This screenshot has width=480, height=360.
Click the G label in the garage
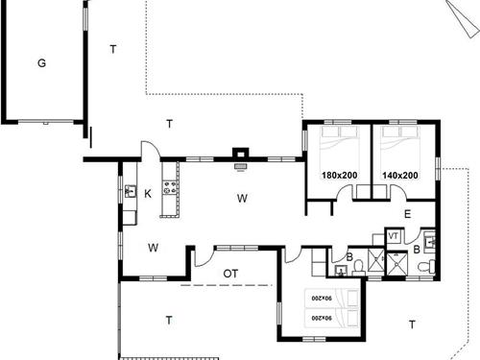pyautogui.click(x=41, y=63)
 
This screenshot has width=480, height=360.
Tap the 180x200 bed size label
pyautogui.click(x=340, y=176)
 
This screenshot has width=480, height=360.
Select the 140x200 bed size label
pyautogui.click(x=400, y=176)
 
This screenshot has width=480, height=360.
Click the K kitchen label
pyautogui.click(x=148, y=194)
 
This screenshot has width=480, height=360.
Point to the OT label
pyautogui.click(x=230, y=274)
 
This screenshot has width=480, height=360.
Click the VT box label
pyautogui.click(x=394, y=236)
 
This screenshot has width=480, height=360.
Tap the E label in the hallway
pyautogui.click(x=407, y=214)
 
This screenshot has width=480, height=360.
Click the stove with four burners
pyautogui.click(x=170, y=187)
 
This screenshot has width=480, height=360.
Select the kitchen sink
pyautogui.click(x=130, y=191)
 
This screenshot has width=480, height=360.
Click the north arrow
pyautogui.click(x=464, y=18)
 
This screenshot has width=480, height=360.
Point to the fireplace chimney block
pyautogui.click(x=241, y=153)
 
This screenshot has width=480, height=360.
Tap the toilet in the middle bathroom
pyautogui.click(x=358, y=268)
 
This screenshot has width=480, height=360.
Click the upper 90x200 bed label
pyautogui.click(x=322, y=299)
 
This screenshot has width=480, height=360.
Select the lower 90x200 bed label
pyautogui.click(x=322, y=318)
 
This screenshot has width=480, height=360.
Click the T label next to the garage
pyautogui.click(x=113, y=50)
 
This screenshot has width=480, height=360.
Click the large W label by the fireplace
pyautogui.click(x=242, y=199)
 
